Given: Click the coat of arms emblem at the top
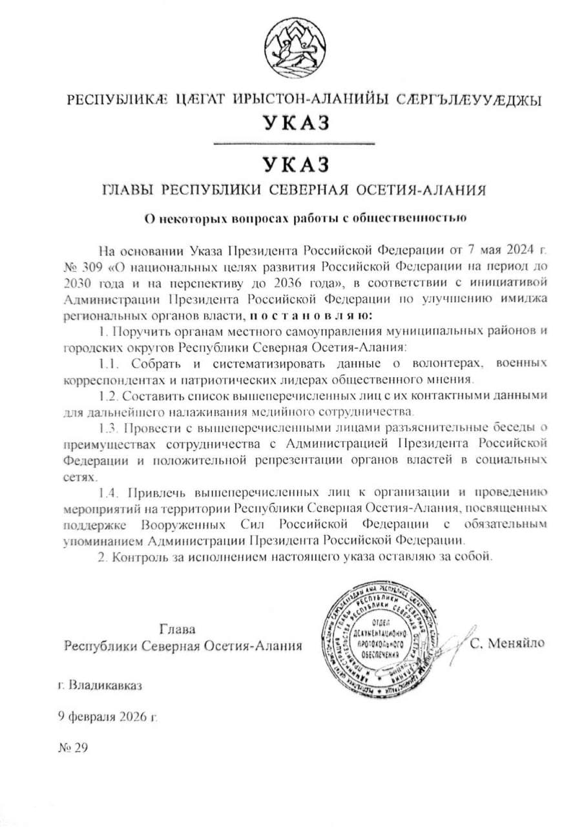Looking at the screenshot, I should coord(291,48).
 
